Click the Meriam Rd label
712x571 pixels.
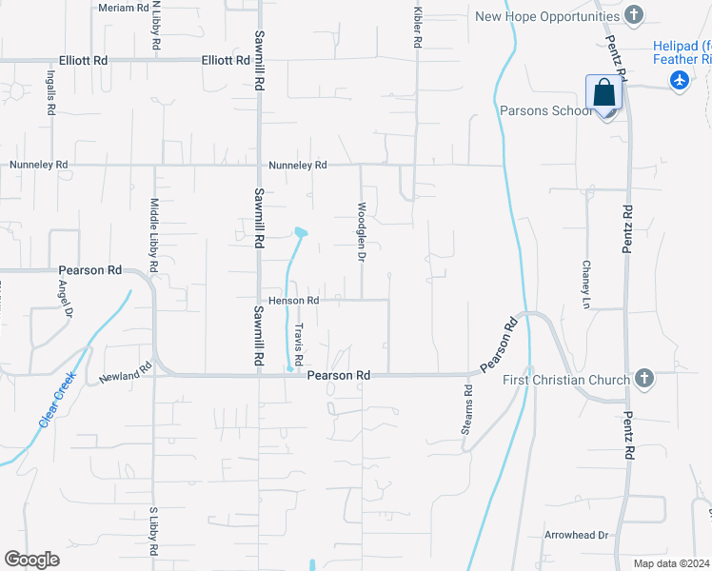124,7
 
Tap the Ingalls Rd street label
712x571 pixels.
50,90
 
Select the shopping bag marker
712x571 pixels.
603,94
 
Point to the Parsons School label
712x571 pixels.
546,110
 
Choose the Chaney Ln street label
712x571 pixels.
587,285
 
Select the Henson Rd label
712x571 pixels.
292,301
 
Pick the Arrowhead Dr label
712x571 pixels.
576,535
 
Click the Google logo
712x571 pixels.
32,560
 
